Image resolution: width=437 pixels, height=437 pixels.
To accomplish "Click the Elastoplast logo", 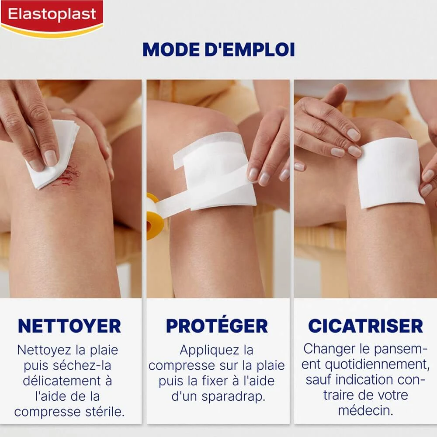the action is tap(52, 18).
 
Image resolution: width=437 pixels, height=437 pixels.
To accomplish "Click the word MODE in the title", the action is tap(171, 50).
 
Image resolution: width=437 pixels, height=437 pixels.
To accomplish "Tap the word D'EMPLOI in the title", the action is tap(250, 50).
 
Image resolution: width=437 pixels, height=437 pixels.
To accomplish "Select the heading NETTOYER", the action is tap(69, 326).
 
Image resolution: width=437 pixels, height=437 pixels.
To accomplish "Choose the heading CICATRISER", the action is tap(365, 326).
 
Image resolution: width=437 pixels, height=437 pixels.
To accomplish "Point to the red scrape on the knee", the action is tap(67, 176).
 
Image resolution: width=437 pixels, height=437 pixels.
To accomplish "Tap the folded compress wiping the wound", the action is tap(53, 155).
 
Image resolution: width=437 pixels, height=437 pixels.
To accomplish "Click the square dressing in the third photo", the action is tap(390, 173).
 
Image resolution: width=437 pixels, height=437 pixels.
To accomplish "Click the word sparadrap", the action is tap(233, 397).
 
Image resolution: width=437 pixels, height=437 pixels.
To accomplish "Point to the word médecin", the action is tap(366, 410).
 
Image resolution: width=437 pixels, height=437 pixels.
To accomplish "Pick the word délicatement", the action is tap(62, 381).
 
